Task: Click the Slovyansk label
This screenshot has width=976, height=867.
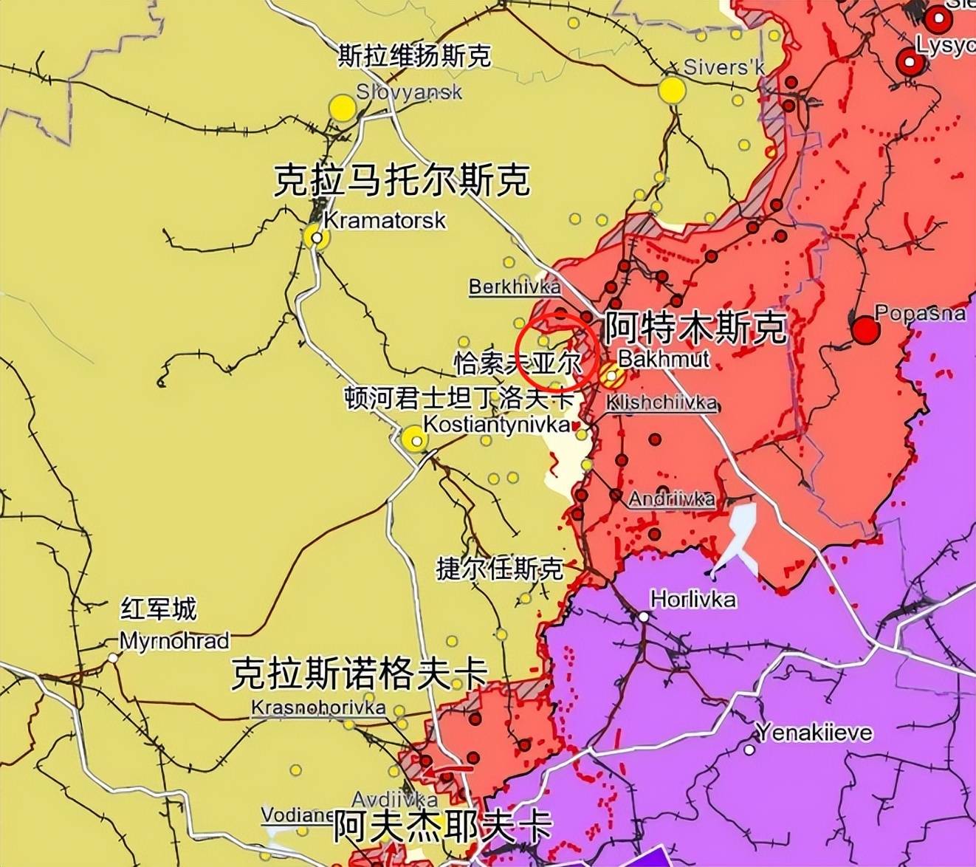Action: [408, 92]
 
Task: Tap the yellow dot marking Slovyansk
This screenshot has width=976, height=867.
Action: [343, 109]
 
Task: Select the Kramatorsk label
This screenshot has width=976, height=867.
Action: [385, 220]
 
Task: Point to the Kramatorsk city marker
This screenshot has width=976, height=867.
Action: [317, 238]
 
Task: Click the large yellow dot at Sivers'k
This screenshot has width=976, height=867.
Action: [672, 90]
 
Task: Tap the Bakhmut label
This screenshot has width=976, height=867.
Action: [663, 359]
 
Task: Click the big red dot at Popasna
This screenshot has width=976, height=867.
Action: [865, 330]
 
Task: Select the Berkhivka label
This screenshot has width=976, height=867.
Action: [515, 287]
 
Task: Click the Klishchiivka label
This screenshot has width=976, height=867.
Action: [661, 402]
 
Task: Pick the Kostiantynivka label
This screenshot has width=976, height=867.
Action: [496, 425]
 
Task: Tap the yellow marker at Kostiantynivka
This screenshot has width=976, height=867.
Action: [415, 440]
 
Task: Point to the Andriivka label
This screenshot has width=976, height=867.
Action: [671, 498]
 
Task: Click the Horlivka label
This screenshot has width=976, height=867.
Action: [693, 599]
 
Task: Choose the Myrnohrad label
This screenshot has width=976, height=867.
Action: [174, 640]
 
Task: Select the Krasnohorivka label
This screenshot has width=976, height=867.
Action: [317, 707]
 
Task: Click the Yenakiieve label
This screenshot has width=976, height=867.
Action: [814, 733]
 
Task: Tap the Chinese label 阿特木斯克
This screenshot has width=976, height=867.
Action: [695, 328]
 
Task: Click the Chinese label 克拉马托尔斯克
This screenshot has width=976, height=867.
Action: [402, 180]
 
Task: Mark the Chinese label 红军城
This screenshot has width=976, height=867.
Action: [159, 609]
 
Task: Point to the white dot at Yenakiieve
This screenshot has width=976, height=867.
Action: [749, 750]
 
